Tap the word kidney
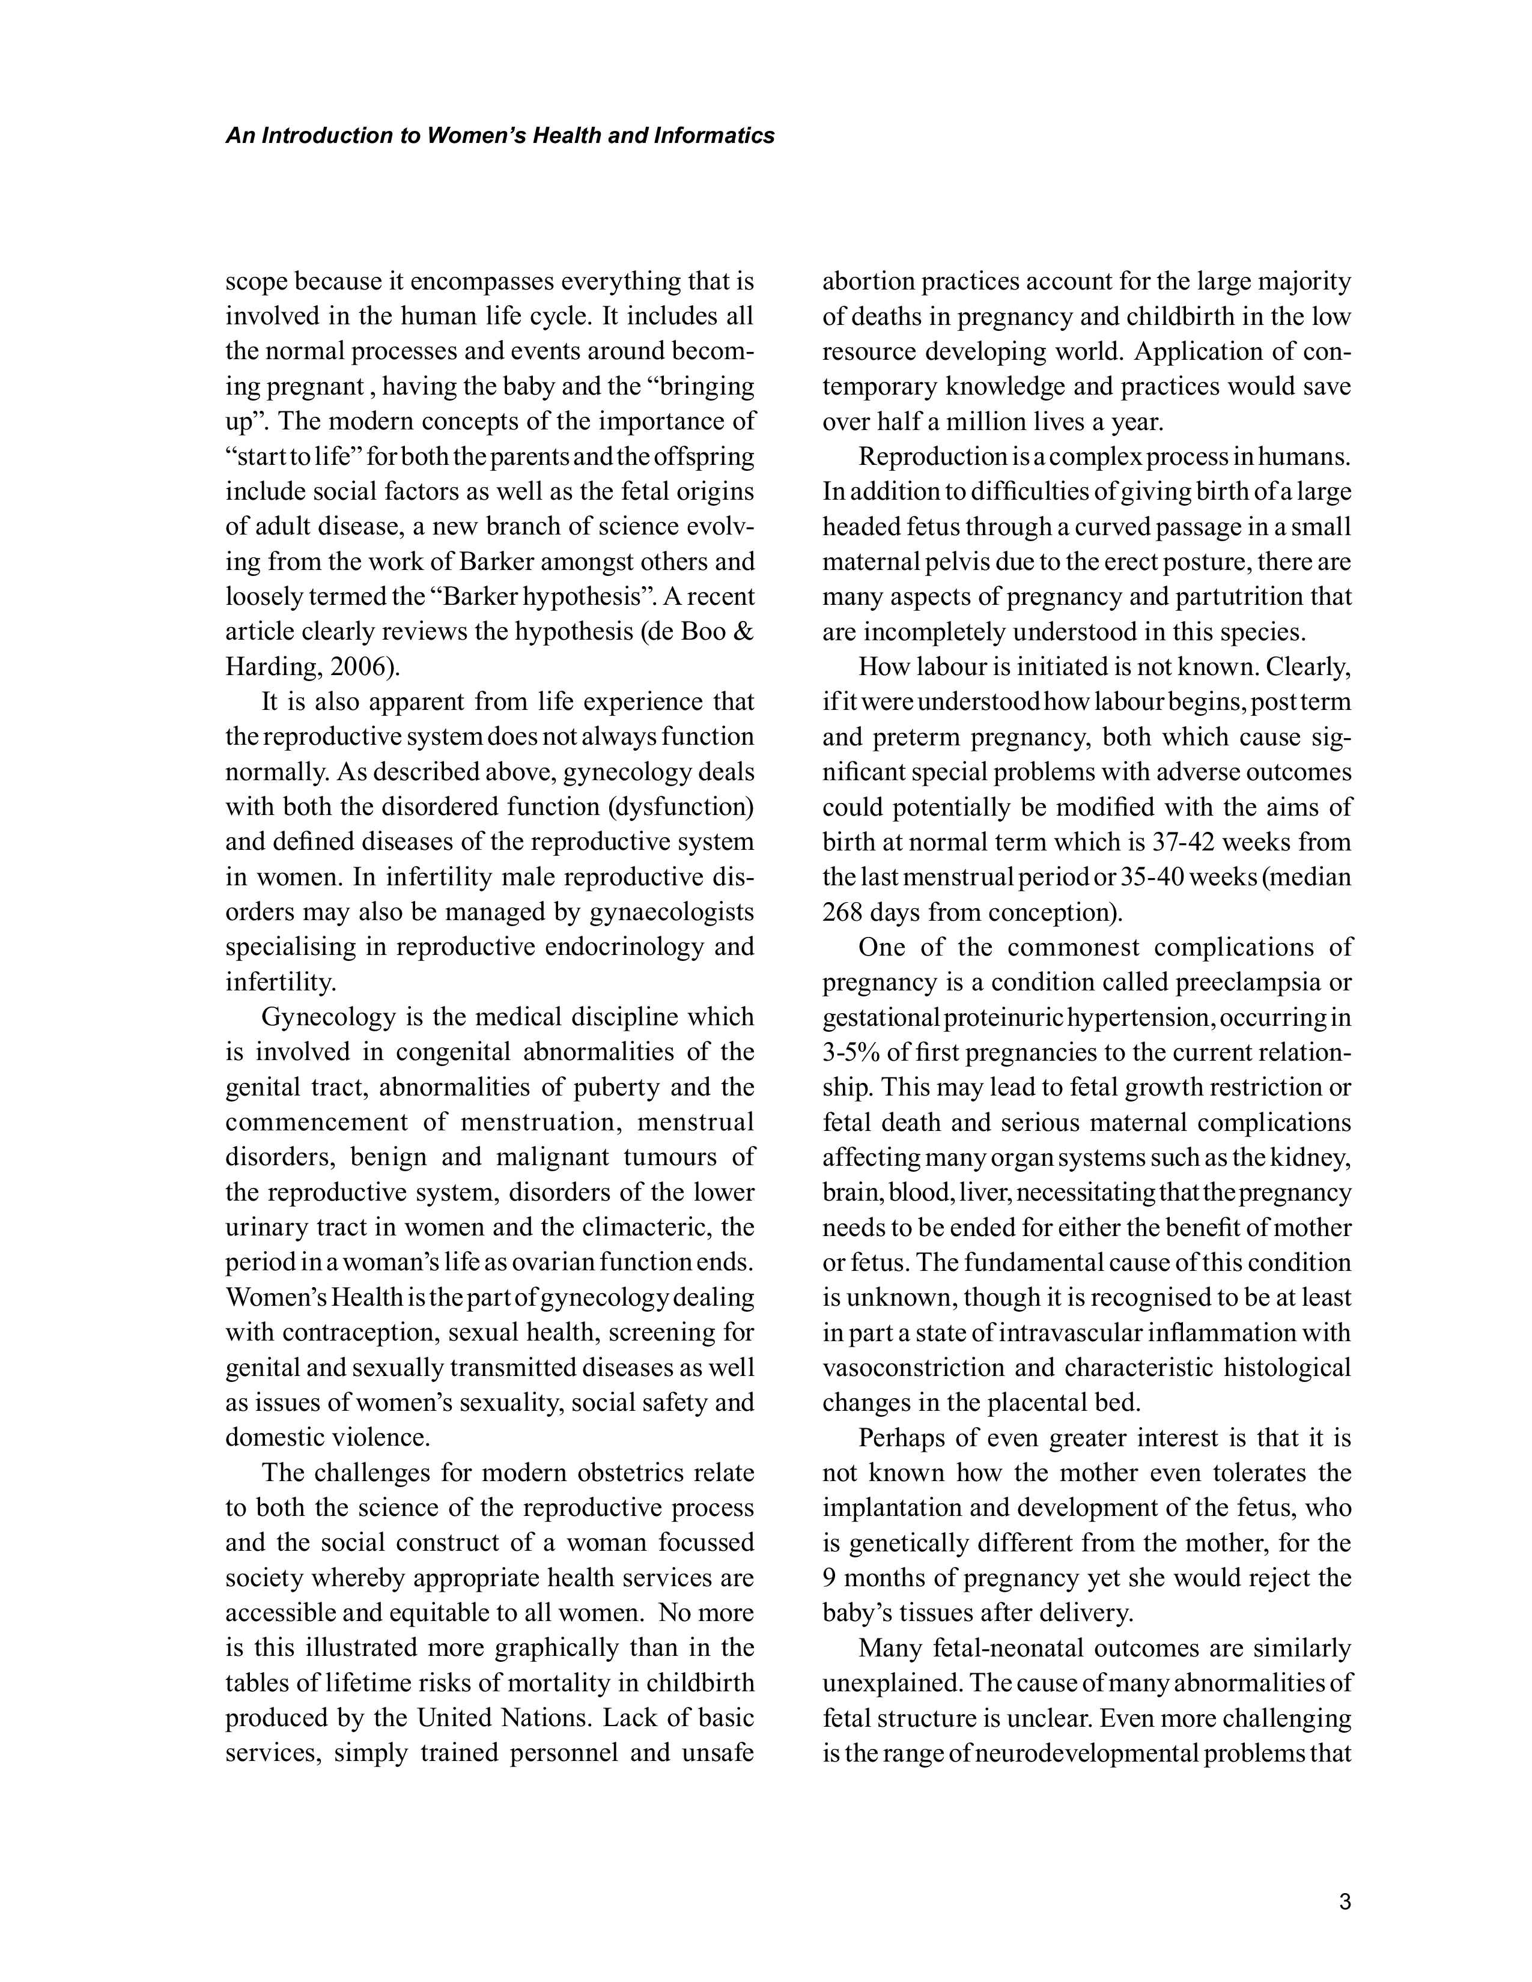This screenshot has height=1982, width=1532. click(1316, 1158)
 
